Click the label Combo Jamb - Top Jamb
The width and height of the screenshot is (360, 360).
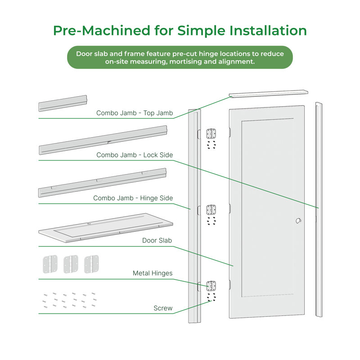click(135, 113)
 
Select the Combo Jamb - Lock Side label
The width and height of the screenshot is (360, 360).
click(135, 155)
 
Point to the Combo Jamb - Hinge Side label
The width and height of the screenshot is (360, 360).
click(133, 198)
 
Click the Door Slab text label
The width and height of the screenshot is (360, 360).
click(157, 240)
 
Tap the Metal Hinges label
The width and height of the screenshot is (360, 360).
click(153, 273)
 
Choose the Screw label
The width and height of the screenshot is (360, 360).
click(163, 308)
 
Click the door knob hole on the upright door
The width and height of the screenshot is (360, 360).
click(298, 221)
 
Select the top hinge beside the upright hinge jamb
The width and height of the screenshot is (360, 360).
click(211, 134)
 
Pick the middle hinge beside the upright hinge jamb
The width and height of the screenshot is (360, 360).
click(211, 210)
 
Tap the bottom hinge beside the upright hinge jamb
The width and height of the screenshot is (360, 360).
click(211, 286)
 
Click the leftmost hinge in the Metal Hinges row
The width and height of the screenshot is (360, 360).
click(50, 264)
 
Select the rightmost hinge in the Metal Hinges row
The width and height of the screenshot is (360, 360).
click(91, 264)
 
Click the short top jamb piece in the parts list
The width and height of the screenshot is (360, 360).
click(63, 103)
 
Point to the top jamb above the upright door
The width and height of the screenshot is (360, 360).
click(268, 94)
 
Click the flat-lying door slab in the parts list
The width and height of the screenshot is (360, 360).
click(106, 228)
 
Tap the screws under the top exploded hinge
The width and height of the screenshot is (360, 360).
click(211, 145)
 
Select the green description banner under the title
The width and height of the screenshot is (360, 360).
click(180, 58)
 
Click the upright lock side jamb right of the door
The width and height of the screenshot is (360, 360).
click(319, 210)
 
